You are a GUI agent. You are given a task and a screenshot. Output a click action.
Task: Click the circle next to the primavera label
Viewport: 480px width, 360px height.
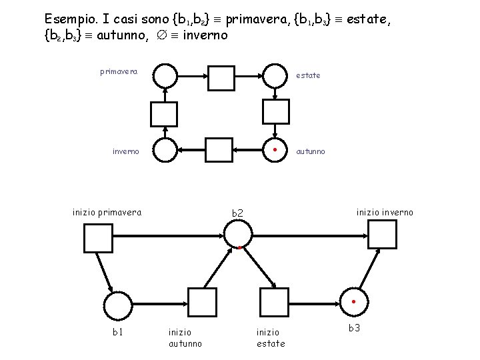point(165,76)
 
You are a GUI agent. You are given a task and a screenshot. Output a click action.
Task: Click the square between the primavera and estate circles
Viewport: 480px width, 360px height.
point(221,77)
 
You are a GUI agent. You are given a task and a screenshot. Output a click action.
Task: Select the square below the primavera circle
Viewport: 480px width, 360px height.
point(164,114)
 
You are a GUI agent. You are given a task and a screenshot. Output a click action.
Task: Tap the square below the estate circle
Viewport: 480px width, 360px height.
point(275,111)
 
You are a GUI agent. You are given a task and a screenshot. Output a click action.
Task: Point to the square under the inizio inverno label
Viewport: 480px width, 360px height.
point(383,234)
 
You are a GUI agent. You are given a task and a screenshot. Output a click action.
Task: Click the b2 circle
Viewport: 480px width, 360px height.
point(238,233)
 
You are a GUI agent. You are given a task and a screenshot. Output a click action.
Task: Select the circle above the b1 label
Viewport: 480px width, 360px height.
point(119,306)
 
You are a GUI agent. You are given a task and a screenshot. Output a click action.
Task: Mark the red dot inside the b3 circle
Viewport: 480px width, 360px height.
point(354,301)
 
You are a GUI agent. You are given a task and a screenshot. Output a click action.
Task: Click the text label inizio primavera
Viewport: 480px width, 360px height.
point(107,213)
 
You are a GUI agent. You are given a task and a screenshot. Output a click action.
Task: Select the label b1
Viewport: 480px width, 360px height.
point(118,331)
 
